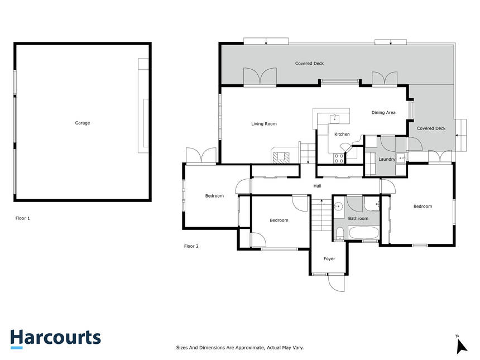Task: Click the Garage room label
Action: click(x=83, y=123)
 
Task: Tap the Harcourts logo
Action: click(x=55, y=339)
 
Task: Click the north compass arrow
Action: click(x=461, y=347)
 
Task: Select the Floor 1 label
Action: click(x=23, y=218)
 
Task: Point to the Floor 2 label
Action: click(x=191, y=246)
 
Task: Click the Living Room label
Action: click(x=264, y=124)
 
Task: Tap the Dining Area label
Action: click(x=383, y=113)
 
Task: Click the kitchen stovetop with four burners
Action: click(x=339, y=158)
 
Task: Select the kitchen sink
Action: click(x=334, y=118)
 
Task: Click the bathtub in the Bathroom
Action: click(x=364, y=233)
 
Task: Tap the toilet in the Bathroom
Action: click(x=339, y=234)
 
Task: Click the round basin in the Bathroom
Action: click(x=338, y=207)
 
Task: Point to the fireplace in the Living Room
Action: click(x=281, y=157)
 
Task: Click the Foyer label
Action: click(x=329, y=258)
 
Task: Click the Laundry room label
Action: click(x=387, y=159)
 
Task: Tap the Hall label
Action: click(x=317, y=186)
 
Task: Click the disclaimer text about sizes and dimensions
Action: click(x=239, y=348)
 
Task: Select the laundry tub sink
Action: click(x=401, y=158)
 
